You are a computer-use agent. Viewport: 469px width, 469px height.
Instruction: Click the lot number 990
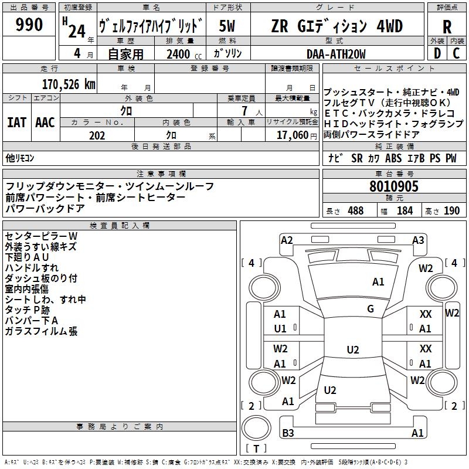pos(29,25)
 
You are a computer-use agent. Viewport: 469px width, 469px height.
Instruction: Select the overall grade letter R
pos(447,27)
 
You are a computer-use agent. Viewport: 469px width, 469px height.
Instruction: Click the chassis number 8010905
pos(394,187)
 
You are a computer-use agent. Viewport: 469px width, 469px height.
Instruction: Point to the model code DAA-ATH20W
pos(336,54)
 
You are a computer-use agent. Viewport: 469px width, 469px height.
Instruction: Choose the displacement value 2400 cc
pos(178,55)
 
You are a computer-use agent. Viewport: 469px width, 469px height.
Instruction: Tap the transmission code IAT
pos(16,123)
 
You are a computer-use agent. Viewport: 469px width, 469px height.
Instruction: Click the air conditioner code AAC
pos(45,123)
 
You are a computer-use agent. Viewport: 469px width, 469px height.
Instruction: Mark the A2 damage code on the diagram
pos(287,240)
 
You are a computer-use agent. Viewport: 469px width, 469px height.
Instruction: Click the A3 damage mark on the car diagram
pos(418,240)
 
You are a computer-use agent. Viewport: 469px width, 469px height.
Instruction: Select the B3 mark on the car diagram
pos(288,433)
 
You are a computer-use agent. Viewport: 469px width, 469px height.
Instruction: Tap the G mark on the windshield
pos(371,309)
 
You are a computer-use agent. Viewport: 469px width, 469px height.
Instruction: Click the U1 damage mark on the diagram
pos(280,328)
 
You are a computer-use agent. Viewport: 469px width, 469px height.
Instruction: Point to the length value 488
pos(355,210)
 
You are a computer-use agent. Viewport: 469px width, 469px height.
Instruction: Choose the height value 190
pos(451,210)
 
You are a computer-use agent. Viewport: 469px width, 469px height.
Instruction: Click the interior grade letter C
pos(457,53)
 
